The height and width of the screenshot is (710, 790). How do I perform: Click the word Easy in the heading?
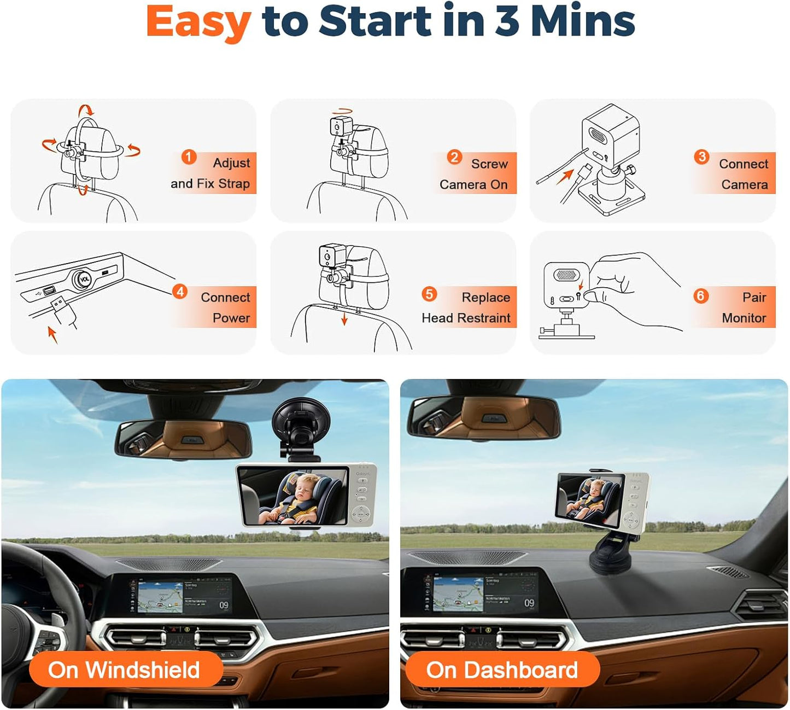[198, 22]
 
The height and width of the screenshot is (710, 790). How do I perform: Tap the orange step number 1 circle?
[189, 157]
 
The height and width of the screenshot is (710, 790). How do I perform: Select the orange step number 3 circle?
[701, 157]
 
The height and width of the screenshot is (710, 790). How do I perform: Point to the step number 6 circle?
[700, 296]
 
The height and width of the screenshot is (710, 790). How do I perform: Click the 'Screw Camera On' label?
[474, 174]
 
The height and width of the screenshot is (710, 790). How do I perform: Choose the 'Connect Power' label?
[225, 307]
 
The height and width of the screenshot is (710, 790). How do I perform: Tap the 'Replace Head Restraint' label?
[466, 307]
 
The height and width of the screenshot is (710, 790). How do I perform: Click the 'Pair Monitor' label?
[744, 307]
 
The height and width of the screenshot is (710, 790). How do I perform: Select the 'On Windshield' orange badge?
[125, 670]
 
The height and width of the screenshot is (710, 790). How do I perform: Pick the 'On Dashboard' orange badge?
[502, 670]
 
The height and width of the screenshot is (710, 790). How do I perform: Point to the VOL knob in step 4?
[84, 278]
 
